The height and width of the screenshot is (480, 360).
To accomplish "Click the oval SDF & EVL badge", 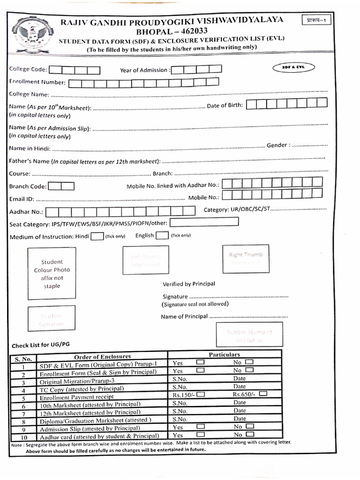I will tap(293, 67).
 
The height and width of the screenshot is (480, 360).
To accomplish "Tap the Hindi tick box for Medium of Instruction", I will tap(97, 236).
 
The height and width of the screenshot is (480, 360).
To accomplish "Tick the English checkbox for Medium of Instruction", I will tap(162, 236).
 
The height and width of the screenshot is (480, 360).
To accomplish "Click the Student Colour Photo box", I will tap(52, 274).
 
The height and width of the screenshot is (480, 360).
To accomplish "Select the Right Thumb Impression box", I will tap(246, 259).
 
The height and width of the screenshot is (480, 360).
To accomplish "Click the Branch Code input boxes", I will tap(61, 186).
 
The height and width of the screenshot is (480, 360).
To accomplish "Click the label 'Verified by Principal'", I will tap(189, 284).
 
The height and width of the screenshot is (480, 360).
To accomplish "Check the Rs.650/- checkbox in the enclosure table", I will tap(264, 394).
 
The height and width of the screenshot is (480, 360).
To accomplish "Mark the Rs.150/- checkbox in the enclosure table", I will tap(200, 395).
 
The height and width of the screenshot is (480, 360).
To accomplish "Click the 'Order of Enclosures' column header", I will tap(102, 357).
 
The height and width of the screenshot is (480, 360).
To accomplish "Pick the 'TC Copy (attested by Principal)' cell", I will tap(82, 389).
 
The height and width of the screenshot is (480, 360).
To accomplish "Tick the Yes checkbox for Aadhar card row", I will tap(200, 435).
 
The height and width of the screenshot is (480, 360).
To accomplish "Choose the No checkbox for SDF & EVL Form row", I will tap(249, 362).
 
